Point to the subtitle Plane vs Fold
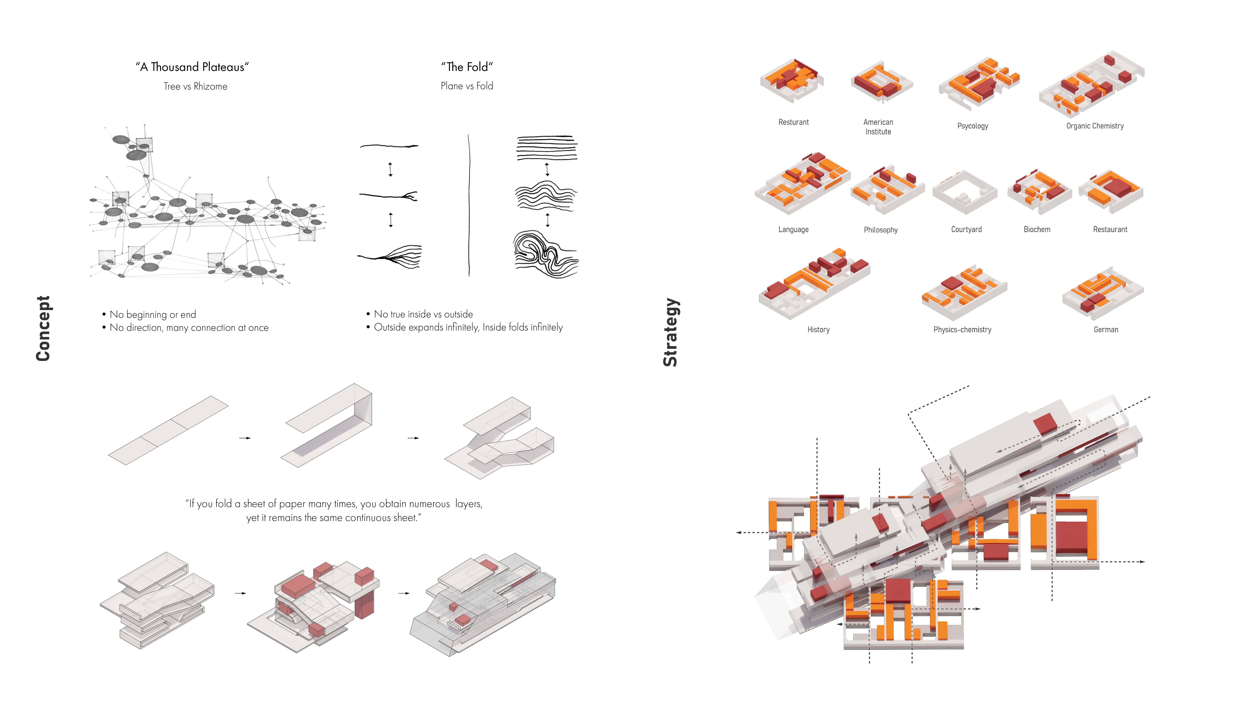[x=467, y=86]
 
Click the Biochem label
[x=1037, y=229]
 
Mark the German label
[x=1106, y=329]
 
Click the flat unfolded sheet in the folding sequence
[x=168, y=430]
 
